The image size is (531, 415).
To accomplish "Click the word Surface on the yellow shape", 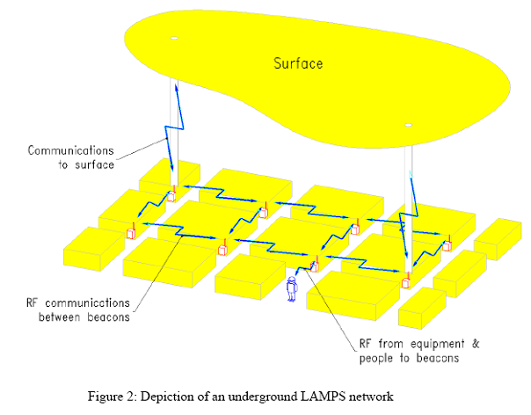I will click(298, 63).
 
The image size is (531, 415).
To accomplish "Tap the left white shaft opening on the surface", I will click(174, 39).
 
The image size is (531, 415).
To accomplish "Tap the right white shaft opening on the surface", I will click(407, 125).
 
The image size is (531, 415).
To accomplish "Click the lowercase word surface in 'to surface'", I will click(97, 164).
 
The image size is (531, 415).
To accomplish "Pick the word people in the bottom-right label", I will click(376, 359).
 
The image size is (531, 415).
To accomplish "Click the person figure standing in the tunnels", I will click(292, 288).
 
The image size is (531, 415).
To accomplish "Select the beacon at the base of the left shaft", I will click(172, 193).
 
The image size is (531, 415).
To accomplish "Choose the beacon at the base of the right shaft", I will click(407, 281).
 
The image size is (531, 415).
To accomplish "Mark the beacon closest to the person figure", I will click(315, 265).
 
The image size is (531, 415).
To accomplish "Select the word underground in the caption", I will click(289, 397).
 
